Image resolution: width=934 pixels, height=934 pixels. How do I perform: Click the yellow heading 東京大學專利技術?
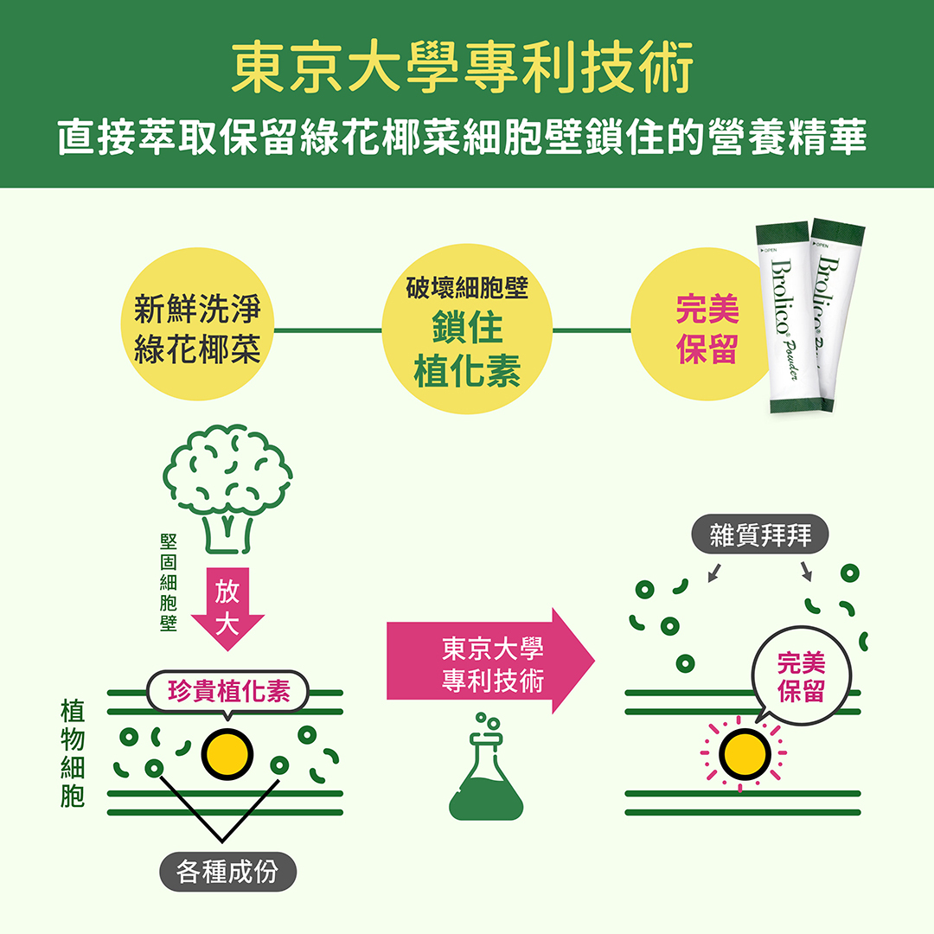462,67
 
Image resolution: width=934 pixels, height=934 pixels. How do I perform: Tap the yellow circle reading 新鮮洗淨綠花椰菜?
198,324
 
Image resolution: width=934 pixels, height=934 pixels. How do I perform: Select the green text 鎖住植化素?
467,349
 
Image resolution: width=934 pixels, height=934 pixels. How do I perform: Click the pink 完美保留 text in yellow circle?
707,329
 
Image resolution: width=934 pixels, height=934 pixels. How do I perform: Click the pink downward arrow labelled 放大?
227,609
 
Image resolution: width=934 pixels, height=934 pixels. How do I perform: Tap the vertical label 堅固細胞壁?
169,582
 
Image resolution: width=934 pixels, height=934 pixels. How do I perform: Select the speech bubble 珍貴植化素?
228,692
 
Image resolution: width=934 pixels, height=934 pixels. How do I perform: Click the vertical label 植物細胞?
72,753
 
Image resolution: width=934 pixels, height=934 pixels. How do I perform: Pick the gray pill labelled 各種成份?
227,872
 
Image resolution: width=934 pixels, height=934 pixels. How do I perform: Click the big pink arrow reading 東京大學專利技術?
491,661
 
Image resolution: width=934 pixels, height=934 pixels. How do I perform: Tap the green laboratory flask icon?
486,766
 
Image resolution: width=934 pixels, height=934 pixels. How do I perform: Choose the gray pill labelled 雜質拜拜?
760,534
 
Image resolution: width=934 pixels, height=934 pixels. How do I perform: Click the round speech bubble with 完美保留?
801,676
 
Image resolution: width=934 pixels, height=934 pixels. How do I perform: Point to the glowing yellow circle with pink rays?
745,753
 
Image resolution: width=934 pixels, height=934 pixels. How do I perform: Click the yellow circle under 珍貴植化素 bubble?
227,754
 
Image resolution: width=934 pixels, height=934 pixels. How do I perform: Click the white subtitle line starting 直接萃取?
462,137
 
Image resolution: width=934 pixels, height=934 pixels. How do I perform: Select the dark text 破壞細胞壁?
467,288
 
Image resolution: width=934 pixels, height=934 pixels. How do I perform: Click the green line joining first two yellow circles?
329,330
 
